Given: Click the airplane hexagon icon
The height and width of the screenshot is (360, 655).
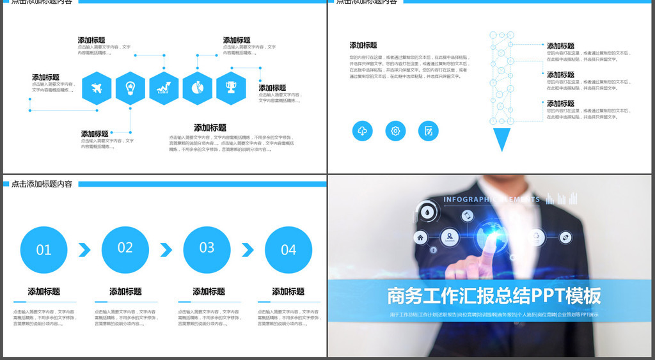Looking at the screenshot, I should (x=97, y=88).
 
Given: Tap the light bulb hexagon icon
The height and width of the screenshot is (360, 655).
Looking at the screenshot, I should (x=130, y=88).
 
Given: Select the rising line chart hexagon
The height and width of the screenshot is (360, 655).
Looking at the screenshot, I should (x=164, y=88).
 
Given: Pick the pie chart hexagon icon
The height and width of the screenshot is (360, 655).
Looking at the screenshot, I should (x=197, y=88).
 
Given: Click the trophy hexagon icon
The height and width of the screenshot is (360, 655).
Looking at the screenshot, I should (x=231, y=88).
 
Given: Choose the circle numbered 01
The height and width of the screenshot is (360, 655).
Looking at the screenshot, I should (x=43, y=250).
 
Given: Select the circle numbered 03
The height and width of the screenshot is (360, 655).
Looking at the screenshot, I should (x=207, y=249).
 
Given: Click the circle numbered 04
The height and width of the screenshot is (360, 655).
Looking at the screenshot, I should (x=288, y=250).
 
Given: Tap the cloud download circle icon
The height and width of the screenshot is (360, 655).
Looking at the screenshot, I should (x=362, y=131).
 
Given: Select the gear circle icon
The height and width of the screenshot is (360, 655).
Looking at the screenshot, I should (x=395, y=131).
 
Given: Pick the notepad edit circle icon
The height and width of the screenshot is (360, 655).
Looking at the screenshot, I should (x=429, y=131).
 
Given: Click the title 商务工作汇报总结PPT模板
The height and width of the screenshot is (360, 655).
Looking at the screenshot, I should (x=494, y=296).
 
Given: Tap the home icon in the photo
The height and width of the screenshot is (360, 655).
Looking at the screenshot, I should (x=420, y=238).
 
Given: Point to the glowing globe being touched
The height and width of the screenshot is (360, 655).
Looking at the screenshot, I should (x=491, y=231).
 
